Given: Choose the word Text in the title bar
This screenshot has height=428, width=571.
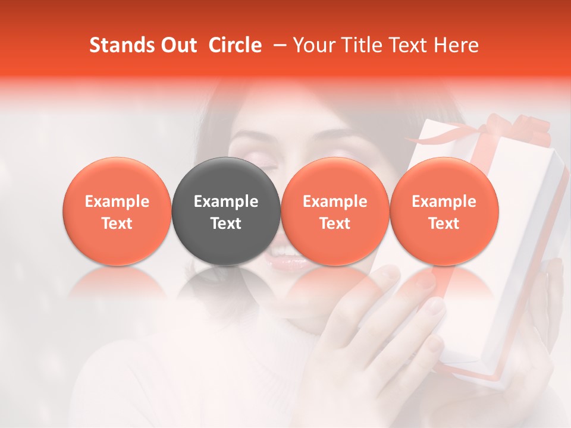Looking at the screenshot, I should click(407, 45).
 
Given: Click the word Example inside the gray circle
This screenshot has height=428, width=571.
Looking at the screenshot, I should click(226, 202).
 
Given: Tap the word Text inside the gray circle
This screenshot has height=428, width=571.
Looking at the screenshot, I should click(226, 224).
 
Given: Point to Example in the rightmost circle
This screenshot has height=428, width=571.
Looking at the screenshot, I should click(444, 202).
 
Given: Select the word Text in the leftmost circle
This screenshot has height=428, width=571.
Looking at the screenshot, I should click(117, 224).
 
